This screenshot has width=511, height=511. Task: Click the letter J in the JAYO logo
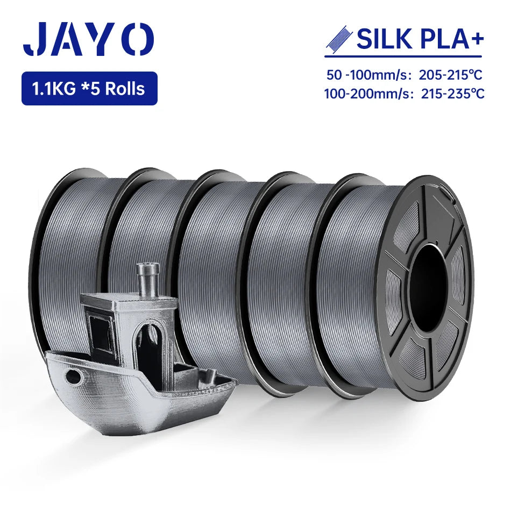37,39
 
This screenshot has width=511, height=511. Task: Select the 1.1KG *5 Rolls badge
89,88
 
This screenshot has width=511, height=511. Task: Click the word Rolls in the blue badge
125,88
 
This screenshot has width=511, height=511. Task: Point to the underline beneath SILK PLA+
403,56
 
